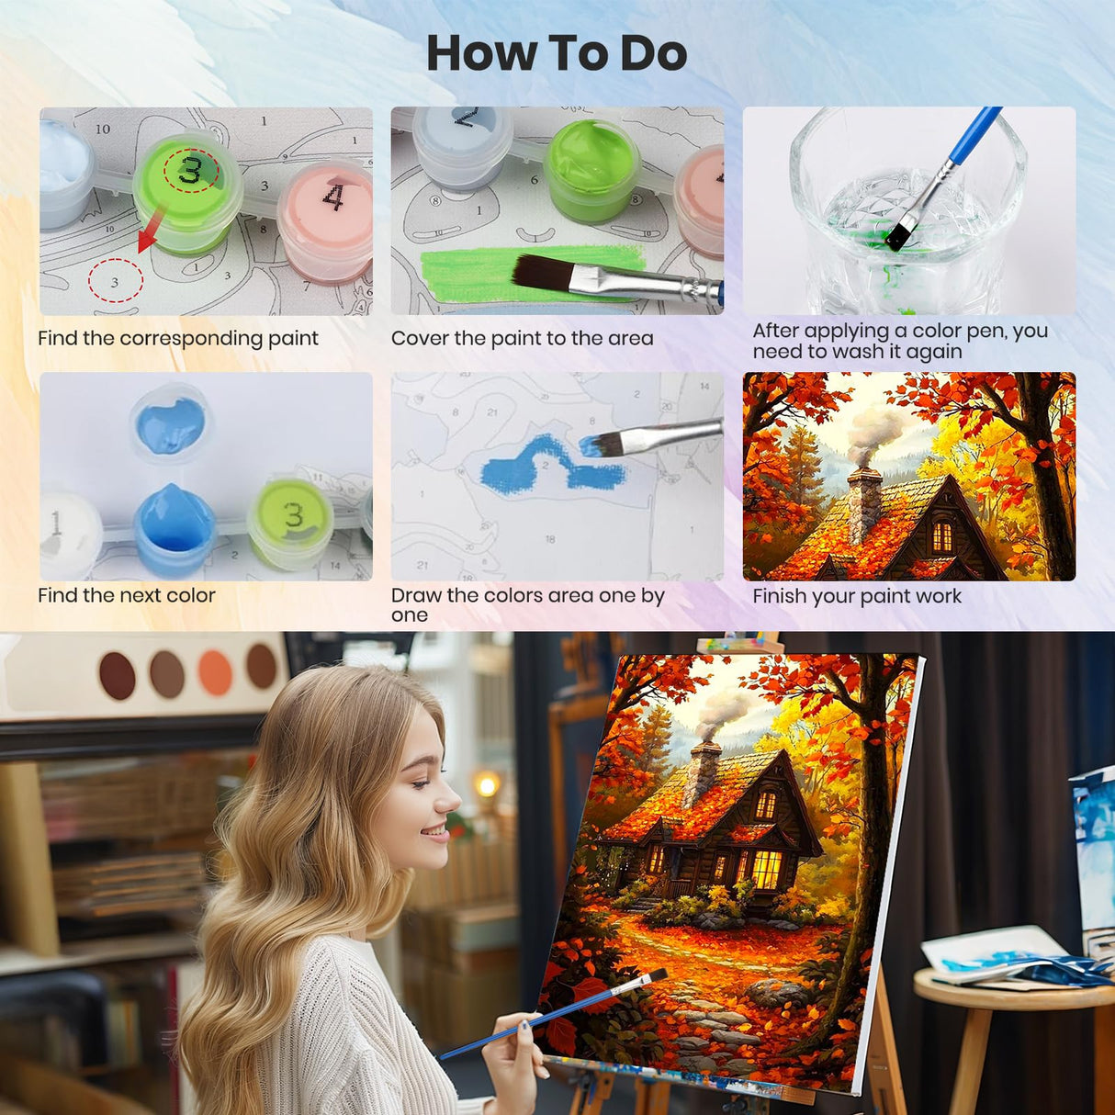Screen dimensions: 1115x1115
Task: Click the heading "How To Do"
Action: click(557, 53)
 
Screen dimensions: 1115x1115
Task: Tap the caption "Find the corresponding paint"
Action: click(177, 338)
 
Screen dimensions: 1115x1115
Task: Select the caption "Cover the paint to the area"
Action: click(522, 338)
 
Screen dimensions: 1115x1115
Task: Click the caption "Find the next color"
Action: click(127, 595)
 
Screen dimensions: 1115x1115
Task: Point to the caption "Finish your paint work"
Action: click(856, 596)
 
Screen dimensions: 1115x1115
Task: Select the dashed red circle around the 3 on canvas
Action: click(115, 281)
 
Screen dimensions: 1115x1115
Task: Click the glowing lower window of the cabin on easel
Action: click(765, 869)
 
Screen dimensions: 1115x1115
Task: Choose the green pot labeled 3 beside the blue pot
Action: click(290, 522)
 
